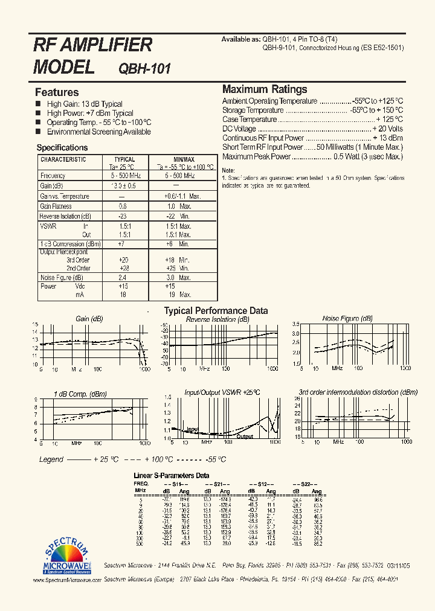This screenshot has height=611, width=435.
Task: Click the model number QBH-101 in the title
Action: [x=145, y=68]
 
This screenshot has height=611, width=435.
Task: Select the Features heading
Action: [x=57, y=92]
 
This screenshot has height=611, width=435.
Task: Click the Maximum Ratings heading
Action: [x=265, y=89]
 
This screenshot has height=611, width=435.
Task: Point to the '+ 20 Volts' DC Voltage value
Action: [x=387, y=129]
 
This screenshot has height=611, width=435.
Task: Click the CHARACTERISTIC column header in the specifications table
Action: [x=63, y=159]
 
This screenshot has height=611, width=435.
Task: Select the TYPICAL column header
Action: [x=124, y=159]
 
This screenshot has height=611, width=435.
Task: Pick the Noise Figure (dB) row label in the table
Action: [x=57, y=277]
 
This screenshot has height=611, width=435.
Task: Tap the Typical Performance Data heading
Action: [x=216, y=311]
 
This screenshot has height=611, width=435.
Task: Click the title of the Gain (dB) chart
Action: [x=89, y=319]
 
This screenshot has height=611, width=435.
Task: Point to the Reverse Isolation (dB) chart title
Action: [x=217, y=319]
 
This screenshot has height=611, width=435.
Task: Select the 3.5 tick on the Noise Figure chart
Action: [x=296, y=333]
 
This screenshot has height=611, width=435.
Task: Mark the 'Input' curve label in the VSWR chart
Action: [x=193, y=429]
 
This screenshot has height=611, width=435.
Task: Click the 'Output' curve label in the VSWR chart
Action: [x=245, y=437]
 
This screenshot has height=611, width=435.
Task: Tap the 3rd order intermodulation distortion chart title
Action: [x=358, y=392]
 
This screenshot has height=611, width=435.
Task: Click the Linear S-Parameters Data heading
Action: [x=171, y=475]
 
